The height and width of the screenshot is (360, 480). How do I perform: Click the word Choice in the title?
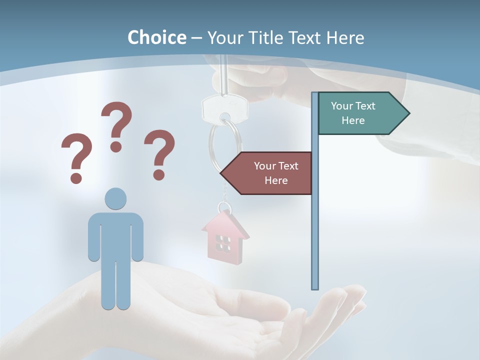coord(156,37)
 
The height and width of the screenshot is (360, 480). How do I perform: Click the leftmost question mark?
coord(76,156)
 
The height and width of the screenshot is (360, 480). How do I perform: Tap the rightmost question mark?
coord(159,153)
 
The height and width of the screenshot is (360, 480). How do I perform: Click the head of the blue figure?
coord(115,199)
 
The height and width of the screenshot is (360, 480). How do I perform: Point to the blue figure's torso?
coord(115,235)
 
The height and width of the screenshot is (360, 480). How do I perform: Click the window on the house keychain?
coord(223,243)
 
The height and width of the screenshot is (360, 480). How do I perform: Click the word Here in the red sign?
coord(276,180)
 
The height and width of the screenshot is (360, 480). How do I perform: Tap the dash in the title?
coord(197,38)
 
